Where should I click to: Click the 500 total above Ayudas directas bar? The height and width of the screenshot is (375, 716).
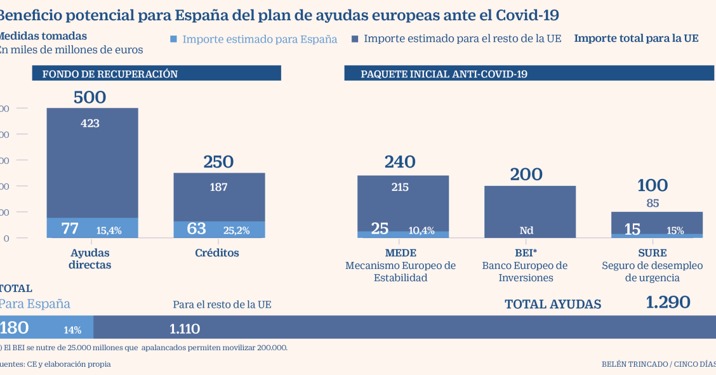tap(89, 97)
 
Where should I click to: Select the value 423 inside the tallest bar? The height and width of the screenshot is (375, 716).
tap(90, 124)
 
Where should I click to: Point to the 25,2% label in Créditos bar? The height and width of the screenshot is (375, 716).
tap(236, 230)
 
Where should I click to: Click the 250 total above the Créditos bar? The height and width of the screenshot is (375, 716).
tap(218, 162)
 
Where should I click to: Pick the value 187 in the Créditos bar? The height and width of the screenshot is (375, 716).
tap(218, 187)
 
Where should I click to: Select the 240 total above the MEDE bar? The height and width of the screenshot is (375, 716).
tap(400, 162)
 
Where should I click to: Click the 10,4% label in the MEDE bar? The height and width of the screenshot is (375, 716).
tap(421, 231)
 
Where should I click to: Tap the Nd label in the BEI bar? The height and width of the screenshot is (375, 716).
tap(527, 231)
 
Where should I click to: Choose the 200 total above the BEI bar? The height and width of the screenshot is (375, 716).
tap(527, 174)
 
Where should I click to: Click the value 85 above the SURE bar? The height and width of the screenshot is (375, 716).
tap(652, 204)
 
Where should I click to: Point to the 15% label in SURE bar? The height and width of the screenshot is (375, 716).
tap(675, 231)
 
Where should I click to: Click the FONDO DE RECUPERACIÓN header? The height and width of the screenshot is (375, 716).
tap(110, 74)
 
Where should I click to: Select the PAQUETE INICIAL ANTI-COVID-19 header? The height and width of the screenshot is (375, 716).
tap(444, 74)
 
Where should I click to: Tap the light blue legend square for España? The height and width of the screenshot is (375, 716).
tap(174, 39)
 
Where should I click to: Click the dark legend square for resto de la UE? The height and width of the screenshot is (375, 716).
tap(355, 39)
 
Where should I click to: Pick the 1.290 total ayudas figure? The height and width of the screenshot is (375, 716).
tap(668, 303)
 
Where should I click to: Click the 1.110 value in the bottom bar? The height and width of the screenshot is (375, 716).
tap(185, 329)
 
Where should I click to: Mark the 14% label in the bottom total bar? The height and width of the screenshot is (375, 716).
tap(72, 330)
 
